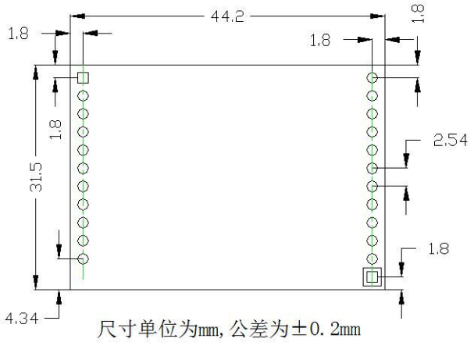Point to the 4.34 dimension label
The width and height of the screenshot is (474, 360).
20,319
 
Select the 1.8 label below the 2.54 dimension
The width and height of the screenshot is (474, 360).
440,250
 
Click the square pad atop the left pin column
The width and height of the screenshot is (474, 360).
84,77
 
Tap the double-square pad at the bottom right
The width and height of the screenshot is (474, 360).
372,276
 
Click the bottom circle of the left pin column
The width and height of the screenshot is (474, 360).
84,258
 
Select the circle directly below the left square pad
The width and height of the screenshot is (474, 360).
84,95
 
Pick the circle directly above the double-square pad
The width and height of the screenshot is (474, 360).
372,258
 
